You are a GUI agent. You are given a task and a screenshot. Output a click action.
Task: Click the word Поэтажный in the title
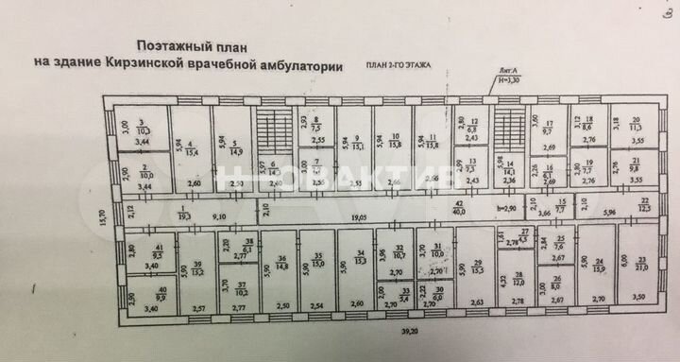coord(172,44)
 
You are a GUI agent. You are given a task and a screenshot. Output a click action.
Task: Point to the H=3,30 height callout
coord(511,83)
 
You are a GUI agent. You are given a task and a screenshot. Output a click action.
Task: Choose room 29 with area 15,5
coord(478,267)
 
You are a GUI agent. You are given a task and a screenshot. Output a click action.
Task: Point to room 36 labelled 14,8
coord(281,265)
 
